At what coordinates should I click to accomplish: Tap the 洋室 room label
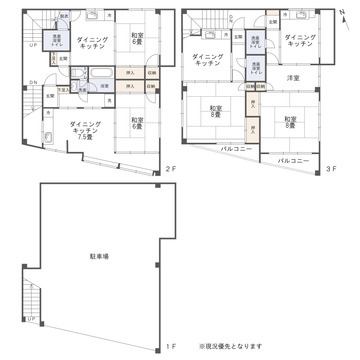[294, 77]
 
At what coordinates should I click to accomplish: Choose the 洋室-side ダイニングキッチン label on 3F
[299, 42]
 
